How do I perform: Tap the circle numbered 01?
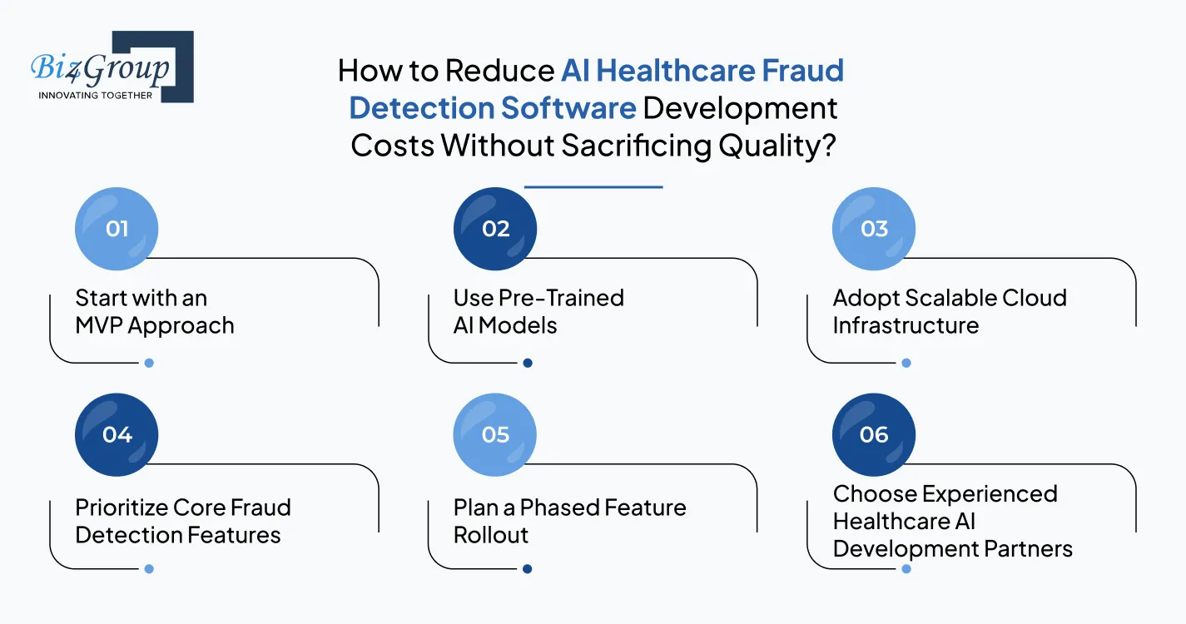pos(117,229)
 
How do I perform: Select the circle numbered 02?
pos(495,229)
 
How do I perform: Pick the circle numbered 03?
pos(874,229)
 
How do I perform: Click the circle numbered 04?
pos(117,435)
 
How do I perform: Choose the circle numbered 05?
pos(495,435)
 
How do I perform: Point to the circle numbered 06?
pos(874,435)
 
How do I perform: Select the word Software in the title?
pos(568,108)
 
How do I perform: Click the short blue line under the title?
pos(593,187)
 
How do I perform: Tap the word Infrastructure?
pos(906,325)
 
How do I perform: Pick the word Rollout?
pos(491,535)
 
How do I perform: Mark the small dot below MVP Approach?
pos(149,363)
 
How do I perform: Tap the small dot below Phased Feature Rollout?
pos(528,569)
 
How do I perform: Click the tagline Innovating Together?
pos(96,95)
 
